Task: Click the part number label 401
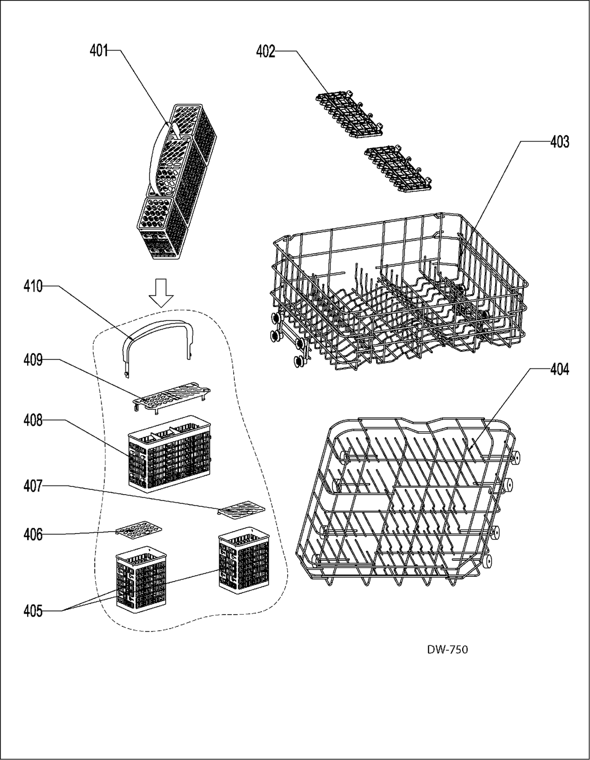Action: click(98, 51)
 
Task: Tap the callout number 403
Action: click(559, 142)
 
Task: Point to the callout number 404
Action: click(559, 370)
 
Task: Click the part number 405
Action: click(33, 611)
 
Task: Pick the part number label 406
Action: click(33, 535)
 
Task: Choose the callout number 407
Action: click(33, 485)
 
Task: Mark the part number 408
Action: click(33, 420)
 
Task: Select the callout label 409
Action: click(33, 360)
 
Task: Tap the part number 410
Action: click(33, 287)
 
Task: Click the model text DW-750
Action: click(448, 649)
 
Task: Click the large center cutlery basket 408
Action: click(170, 452)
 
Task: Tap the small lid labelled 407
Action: click(242, 509)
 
